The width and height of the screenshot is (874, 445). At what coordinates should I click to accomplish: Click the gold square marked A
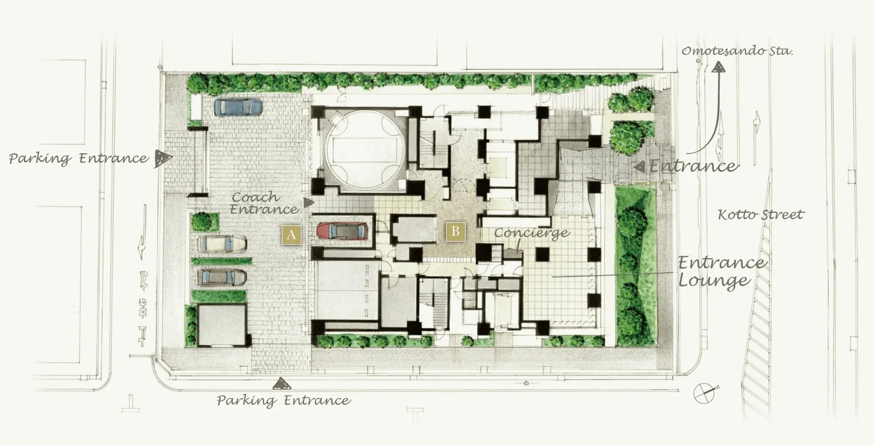click(x=291, y=235)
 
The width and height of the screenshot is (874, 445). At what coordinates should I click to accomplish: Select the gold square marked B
click(x=455, y=231)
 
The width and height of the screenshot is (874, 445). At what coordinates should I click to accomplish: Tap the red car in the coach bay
click(x=342, y=231)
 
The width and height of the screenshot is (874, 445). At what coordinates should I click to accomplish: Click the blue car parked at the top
click(x=238, y=107)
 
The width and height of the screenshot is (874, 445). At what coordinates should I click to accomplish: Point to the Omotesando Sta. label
click(x=737, y=51)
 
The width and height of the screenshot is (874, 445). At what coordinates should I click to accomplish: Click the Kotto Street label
click(x=761, y=214)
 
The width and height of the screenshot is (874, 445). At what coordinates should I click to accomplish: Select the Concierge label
click(x=532, y=233)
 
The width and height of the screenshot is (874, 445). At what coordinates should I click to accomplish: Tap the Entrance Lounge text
click(x=722, y=272)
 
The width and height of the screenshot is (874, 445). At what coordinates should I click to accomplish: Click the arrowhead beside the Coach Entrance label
click(x=308, y=203)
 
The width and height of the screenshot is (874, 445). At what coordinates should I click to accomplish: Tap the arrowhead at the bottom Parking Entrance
click(x=282, y=384)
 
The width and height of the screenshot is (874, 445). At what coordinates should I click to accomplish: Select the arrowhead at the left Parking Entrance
click(x=163, y=158)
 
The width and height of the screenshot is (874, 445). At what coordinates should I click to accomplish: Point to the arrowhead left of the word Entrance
click(x=639, y=166)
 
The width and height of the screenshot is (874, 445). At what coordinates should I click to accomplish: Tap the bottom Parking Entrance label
click(x=284, y=401)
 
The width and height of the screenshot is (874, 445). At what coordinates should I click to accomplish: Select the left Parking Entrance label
click(x=79, y=159)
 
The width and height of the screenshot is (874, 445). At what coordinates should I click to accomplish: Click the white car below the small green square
click(x=221, y=244)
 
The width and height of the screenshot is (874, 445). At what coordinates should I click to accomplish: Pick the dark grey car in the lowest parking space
click(x=222, y=278)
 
